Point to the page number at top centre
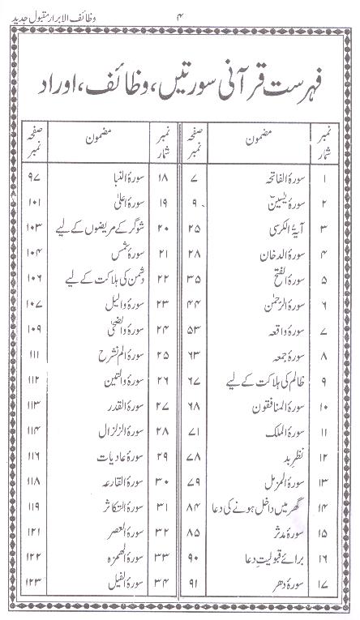(x=180, y=12)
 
